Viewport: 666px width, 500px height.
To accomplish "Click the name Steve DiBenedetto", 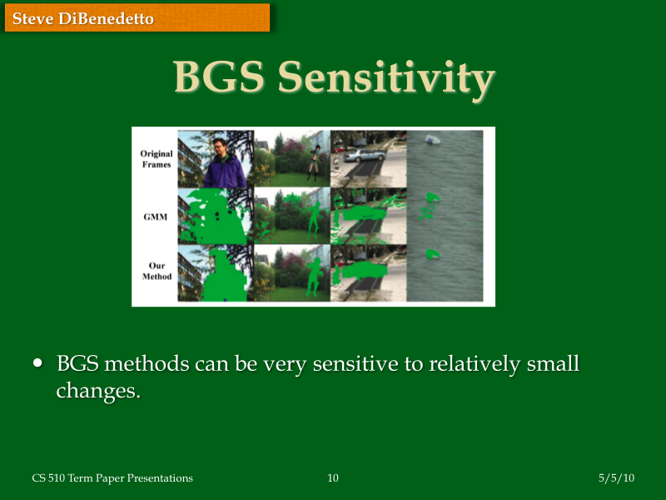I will pos(83,17).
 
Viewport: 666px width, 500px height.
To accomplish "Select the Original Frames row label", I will pos(156,159).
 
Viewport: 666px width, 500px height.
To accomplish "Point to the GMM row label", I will pos(156,216).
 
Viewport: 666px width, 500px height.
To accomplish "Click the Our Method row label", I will pos(156,271).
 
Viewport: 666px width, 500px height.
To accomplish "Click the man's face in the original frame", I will pos(222,150).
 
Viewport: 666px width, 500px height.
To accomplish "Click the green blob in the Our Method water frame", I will pos(430,252).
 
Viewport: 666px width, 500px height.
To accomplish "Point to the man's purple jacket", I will pos(225,174).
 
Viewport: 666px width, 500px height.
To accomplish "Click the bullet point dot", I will pos(37,363).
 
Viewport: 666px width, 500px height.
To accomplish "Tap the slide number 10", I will pos(333,477).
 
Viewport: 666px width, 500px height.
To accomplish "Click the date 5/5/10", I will pos(616,477).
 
